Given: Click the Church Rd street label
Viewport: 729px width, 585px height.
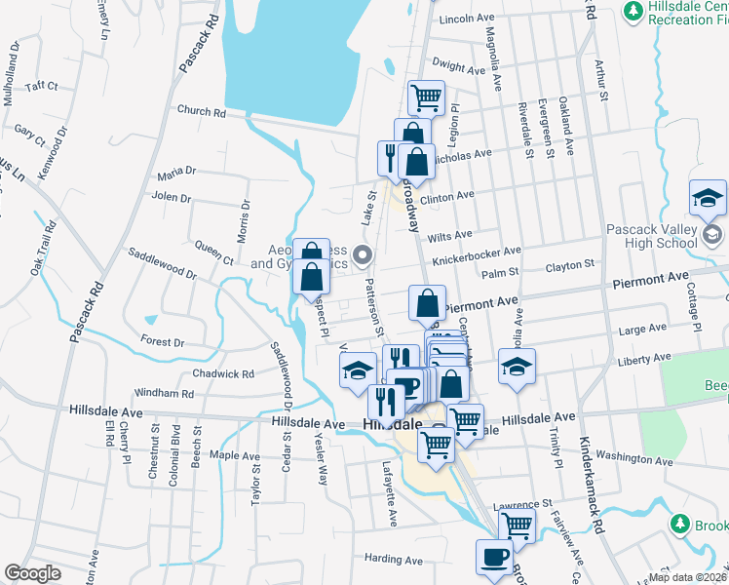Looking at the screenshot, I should click(x=201, y=112).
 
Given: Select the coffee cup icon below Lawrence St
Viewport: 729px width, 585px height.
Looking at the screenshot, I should click(x=493, y=556).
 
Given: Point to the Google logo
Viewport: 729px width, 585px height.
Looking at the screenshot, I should click(x=33, y=573).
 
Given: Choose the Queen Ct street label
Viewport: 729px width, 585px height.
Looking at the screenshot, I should click(x=213, y=253).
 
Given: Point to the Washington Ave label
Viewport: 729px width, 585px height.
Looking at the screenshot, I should click(x=634, y=457).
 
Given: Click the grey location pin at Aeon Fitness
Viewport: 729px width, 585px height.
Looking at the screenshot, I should click(x=364, y=257).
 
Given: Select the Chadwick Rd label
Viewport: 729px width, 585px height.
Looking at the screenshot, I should click(x=223, y=373).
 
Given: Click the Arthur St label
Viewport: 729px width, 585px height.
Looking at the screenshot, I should click(x=601, y=83).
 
